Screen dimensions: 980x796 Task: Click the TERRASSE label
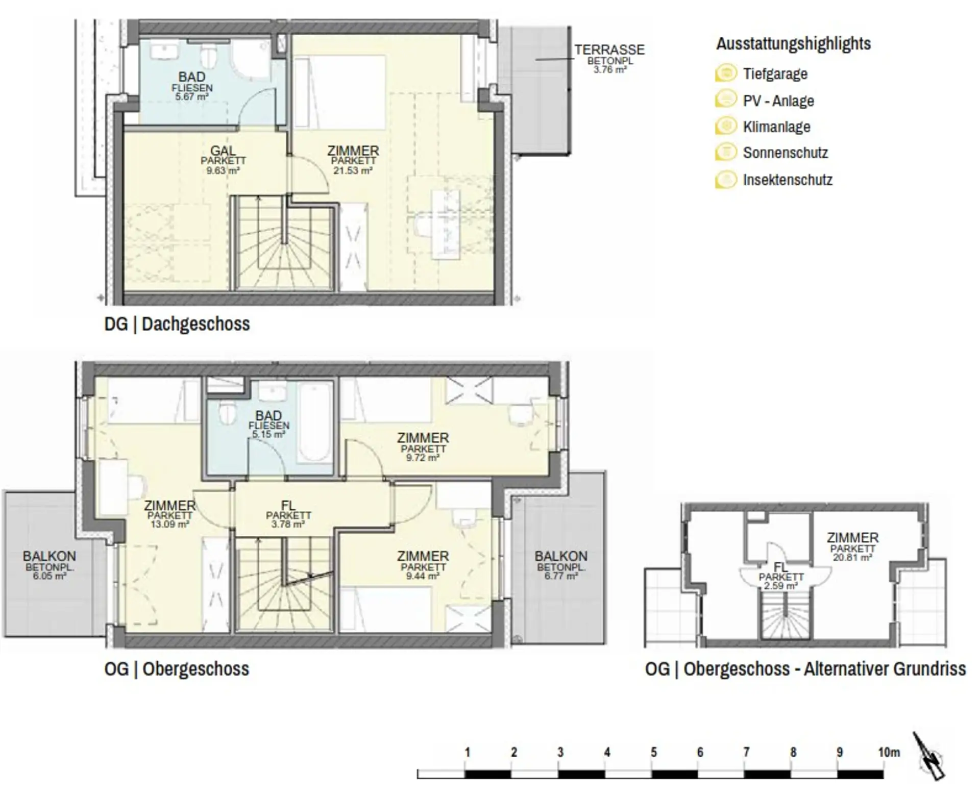pyautogui.click(x=609, y=50)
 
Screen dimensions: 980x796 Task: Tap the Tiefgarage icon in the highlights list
pyautogui.click(x=726, y=73)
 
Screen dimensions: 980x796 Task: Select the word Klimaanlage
pyautogui.click(x=776, y=127)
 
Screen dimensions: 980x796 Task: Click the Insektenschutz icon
pyautogui.click(x=726, y=179)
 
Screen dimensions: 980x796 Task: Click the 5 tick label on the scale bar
pyautogui.click(x=653, y=752)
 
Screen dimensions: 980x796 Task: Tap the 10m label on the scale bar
pyautogui.click(x=889, y=752)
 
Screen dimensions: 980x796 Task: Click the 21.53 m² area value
pyautogui.click(x=353, y=170)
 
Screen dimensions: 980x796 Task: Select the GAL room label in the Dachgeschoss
pyautogui.click(x=223, y=151)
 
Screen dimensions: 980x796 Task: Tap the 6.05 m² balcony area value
pyautogui.click(x=49, y=576)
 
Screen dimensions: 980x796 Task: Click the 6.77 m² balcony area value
pyautogui.click(x=560, y=576)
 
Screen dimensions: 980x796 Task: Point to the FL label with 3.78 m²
pyautogui.click(x=288, y=505)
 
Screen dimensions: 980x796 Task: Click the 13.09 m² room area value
pyautogui.click(x=170, y=524)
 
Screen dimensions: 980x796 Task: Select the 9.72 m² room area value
pyautogui.click(x=423, y=458)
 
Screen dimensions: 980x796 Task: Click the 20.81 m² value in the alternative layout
pyautogui.click(x=852, y=558)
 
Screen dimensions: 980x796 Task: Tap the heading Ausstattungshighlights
pyautogui.click(x=793, y=43)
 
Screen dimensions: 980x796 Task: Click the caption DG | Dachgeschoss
pyautogui.click(x=177, y=324)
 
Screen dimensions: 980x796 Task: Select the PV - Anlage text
pyautogui.click(x=778, y=101)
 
